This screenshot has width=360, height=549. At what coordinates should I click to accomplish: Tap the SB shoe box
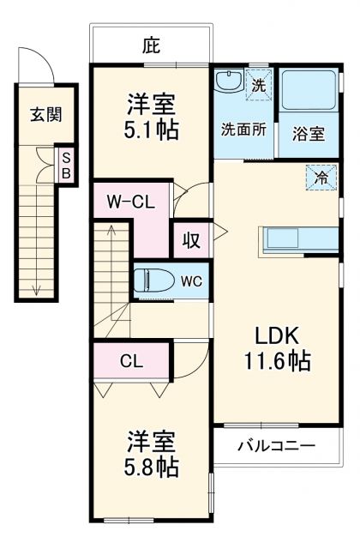[x=66, y=164]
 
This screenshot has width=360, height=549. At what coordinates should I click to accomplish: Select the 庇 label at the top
[x=152, y=43]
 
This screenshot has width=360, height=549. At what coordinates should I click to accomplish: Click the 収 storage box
[x=190, y=240]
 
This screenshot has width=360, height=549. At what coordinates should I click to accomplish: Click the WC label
[x=192, y=281]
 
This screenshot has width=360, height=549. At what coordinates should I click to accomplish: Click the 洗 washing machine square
[x=258, y=84]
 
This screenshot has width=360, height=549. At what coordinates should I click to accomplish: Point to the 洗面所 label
[x=243, y=131]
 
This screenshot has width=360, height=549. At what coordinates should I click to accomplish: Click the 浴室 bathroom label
[x=308, y=134]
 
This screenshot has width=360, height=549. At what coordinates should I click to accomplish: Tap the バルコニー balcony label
[x=276, y=446]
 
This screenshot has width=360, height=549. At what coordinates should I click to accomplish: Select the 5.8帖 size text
[x=152, y=468]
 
